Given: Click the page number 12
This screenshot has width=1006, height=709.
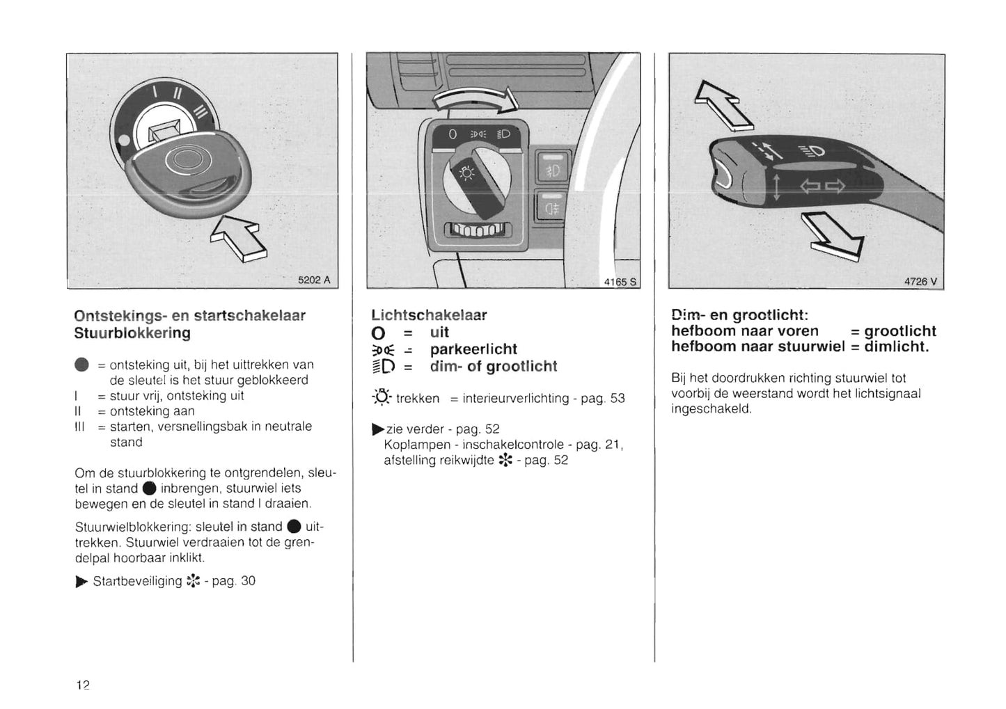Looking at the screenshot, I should click(x=83, y=685).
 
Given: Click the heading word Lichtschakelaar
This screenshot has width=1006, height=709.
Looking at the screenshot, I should click(x=429, y=315).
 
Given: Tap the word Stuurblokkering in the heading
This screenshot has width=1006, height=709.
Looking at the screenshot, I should click(x=132, y=333).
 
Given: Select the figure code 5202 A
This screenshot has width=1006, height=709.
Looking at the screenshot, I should click(x=314, y=280).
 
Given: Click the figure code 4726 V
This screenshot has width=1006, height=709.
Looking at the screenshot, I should click(x=920, y=282).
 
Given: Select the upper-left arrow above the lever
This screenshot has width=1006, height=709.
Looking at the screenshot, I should click(x=723, y=104).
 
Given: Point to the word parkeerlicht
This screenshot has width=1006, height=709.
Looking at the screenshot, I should click(x=473, y=349).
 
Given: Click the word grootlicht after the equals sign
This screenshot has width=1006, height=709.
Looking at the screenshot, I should click(x=900, y=331).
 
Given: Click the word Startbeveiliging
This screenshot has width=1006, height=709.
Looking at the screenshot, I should click(x=137, y=581).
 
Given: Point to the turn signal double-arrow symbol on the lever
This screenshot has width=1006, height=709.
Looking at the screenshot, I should click(x=822, y=186).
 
